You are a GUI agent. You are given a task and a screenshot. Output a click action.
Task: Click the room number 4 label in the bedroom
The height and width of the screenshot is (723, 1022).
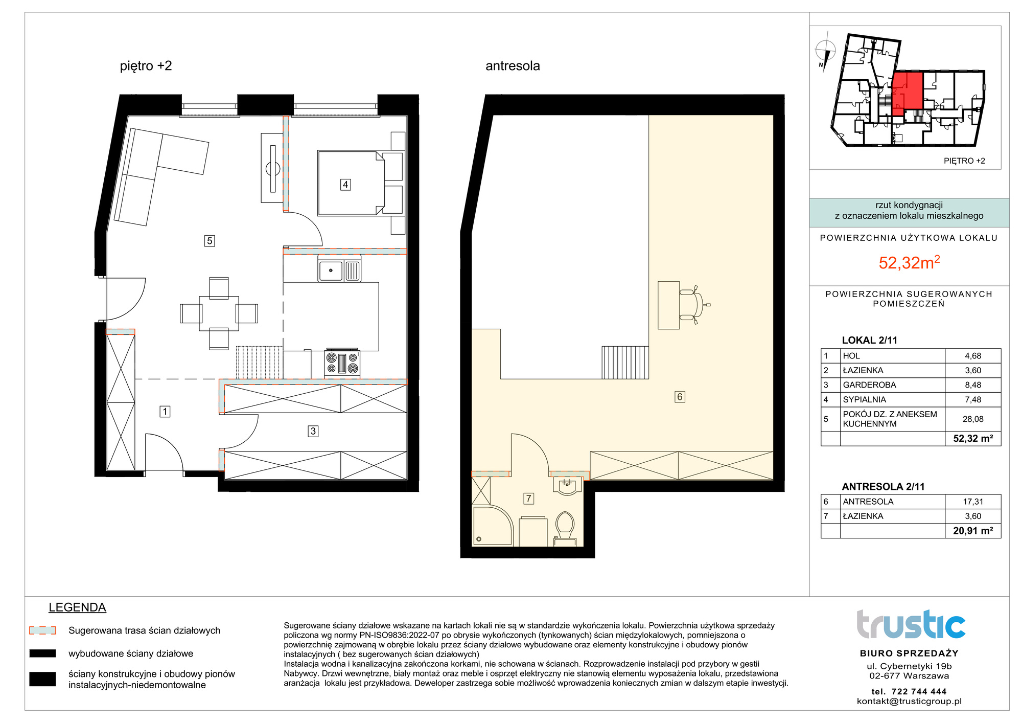[x=345, y=185]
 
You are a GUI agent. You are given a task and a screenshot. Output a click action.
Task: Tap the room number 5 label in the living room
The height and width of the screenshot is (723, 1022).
[x=210, y=241]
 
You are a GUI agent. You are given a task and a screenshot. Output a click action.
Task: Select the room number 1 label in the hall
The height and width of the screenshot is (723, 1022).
[x=165, y=412]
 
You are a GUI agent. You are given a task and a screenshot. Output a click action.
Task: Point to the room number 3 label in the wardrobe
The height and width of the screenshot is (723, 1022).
[x=313, y=432]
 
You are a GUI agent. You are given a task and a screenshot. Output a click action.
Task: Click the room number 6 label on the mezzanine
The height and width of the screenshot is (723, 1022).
[x=680, y=397]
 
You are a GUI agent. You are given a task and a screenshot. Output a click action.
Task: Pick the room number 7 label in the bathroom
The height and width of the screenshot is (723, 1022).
[x=529, y=499]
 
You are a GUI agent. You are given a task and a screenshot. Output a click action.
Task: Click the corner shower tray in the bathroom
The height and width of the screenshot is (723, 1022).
[x=493, y=526]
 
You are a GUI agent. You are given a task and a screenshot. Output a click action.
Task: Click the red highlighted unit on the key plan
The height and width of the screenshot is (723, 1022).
[x=907, y=94]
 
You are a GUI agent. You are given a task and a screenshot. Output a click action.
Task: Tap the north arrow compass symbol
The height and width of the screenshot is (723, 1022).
[x=825, y=52]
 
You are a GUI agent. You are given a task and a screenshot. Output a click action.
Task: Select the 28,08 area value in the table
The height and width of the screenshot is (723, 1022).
[x=973, y=419]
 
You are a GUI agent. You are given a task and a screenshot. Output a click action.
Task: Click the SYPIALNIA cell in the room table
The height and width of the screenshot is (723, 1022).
[x=865, y=400]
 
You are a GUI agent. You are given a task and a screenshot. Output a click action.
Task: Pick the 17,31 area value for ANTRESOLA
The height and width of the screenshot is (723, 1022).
[x=973, y=502]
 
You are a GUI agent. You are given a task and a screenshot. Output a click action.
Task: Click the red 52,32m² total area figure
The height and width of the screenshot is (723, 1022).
[x=909, y=262]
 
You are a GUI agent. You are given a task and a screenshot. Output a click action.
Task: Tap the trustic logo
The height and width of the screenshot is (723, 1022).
[x=911, y=624]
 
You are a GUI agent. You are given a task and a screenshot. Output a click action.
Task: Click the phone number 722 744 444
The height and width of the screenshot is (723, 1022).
[x=919, y=692]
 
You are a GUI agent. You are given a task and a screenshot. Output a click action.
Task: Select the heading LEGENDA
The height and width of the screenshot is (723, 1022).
[x=77, y=607]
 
